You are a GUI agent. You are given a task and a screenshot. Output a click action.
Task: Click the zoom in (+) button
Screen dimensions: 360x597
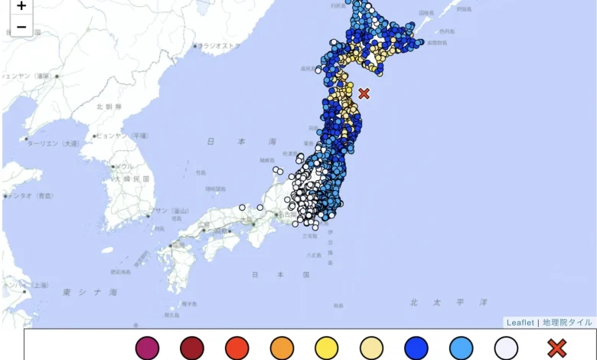(21, 6)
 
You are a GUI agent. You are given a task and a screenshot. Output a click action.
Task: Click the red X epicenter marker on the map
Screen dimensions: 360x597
(364, 93)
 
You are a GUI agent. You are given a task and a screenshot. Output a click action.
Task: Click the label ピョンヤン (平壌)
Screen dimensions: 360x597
(122, 136)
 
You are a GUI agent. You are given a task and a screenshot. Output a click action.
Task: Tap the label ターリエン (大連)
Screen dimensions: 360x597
(53, 143)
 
